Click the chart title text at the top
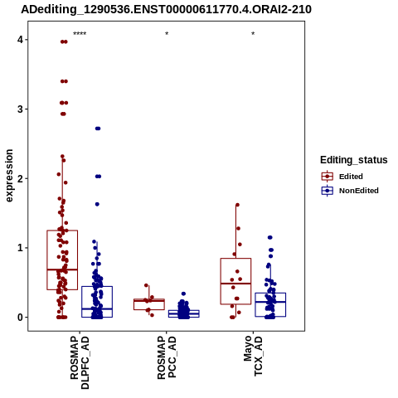coord(166,9)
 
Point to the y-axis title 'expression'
coord(9,176)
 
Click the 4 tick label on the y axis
coord(20,40)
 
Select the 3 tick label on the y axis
coord(20,109)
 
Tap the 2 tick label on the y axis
coord(20,178)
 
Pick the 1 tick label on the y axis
coord(20,248)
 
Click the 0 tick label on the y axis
coord(20,318)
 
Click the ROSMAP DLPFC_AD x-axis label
coord(80,362)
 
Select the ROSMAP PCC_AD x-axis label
coord(167,357)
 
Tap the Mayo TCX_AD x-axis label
coord(253,356)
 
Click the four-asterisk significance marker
coord(80,34)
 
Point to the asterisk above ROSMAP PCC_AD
coord(167,34)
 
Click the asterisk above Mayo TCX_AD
coord(253,34)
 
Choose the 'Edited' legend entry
coord(342,177)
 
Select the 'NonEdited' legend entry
coord(350,191)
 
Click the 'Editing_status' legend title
coord(354,160)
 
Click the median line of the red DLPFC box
coord(62,269)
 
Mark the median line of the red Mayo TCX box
coord(235,284)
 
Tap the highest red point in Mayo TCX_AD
coord(237,205)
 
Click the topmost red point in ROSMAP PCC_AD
coord(146,285)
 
